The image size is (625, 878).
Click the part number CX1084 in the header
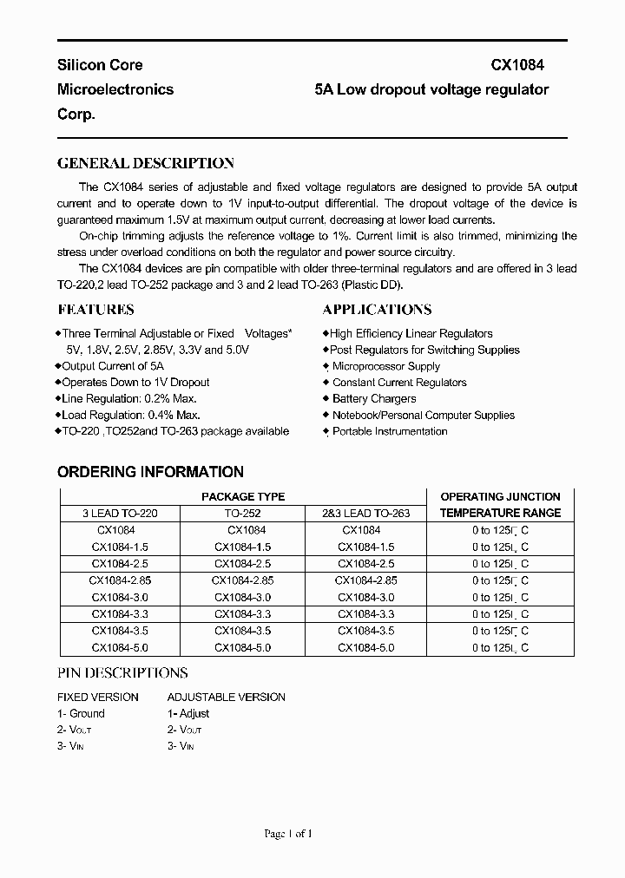pyautogui.click(x=518, y=65)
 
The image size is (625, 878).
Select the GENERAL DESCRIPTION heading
pyautogui.click(x=145, y=163)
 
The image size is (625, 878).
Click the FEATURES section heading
pyautogui.click(x=95, y=310)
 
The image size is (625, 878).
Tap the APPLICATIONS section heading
pyautogui.click(x=377, y=310)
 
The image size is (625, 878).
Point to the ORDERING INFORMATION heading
pyautogui.click(x=150, y=472)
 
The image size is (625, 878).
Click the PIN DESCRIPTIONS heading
pyautogui.click(x=122, y=672)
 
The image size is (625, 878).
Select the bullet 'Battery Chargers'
pyautogui.click(x=374, y=399)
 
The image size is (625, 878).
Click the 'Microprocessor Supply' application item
pyautogui.click(x=386, y=366)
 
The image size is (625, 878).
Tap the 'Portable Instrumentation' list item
pyautogui.click(x=390, y=431)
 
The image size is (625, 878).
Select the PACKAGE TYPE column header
pyautogui.click(x=243, y=497)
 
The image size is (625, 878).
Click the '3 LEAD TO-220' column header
pyautogui.click(x=120, y=514)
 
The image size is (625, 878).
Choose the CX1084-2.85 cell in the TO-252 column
pyautogui.click(x=243, y=580)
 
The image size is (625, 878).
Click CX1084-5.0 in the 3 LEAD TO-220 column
pyautogui.click(x=120, y=647)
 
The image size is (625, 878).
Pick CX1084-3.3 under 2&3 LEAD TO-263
pyautogui.click(x=365, y=614)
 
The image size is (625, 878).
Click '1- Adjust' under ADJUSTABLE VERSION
pyautogui.click(x=188, y=713)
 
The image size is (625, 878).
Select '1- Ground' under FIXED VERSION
pyautogui.click(x=81, y=713)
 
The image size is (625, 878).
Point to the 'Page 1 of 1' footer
pyautogui.click(x=287, y=834)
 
